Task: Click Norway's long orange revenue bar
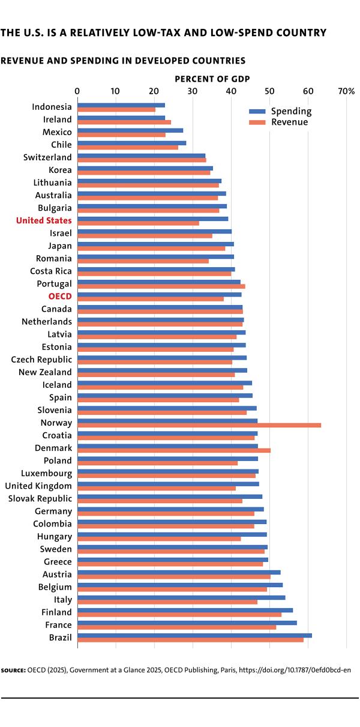click(x=199, y=425)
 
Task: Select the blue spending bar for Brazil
click(x=194, y=636)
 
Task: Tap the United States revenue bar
click(x=138, y=223)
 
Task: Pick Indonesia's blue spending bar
click(x=121, y=105)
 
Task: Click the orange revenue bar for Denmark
click(x=174, y=450)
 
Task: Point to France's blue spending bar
click(x=187, y=623)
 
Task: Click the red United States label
click(x=44, y=221)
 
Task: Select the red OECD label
click(x=60, y=297)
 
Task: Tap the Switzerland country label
click(x=47, y=157)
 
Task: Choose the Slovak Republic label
click(x=40, y=498)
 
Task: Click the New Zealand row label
click(x=45, y=372)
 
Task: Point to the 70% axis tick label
click(x=346, y=91)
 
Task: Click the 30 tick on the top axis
click(x=193, y=91)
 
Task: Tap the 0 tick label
click(x=77, y=91)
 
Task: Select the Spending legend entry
click(x=280, y=111)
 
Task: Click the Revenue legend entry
click(x=278, y=122)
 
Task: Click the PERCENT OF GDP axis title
click(x=212, y=79)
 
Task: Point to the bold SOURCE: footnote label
click(x=13, y=671)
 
